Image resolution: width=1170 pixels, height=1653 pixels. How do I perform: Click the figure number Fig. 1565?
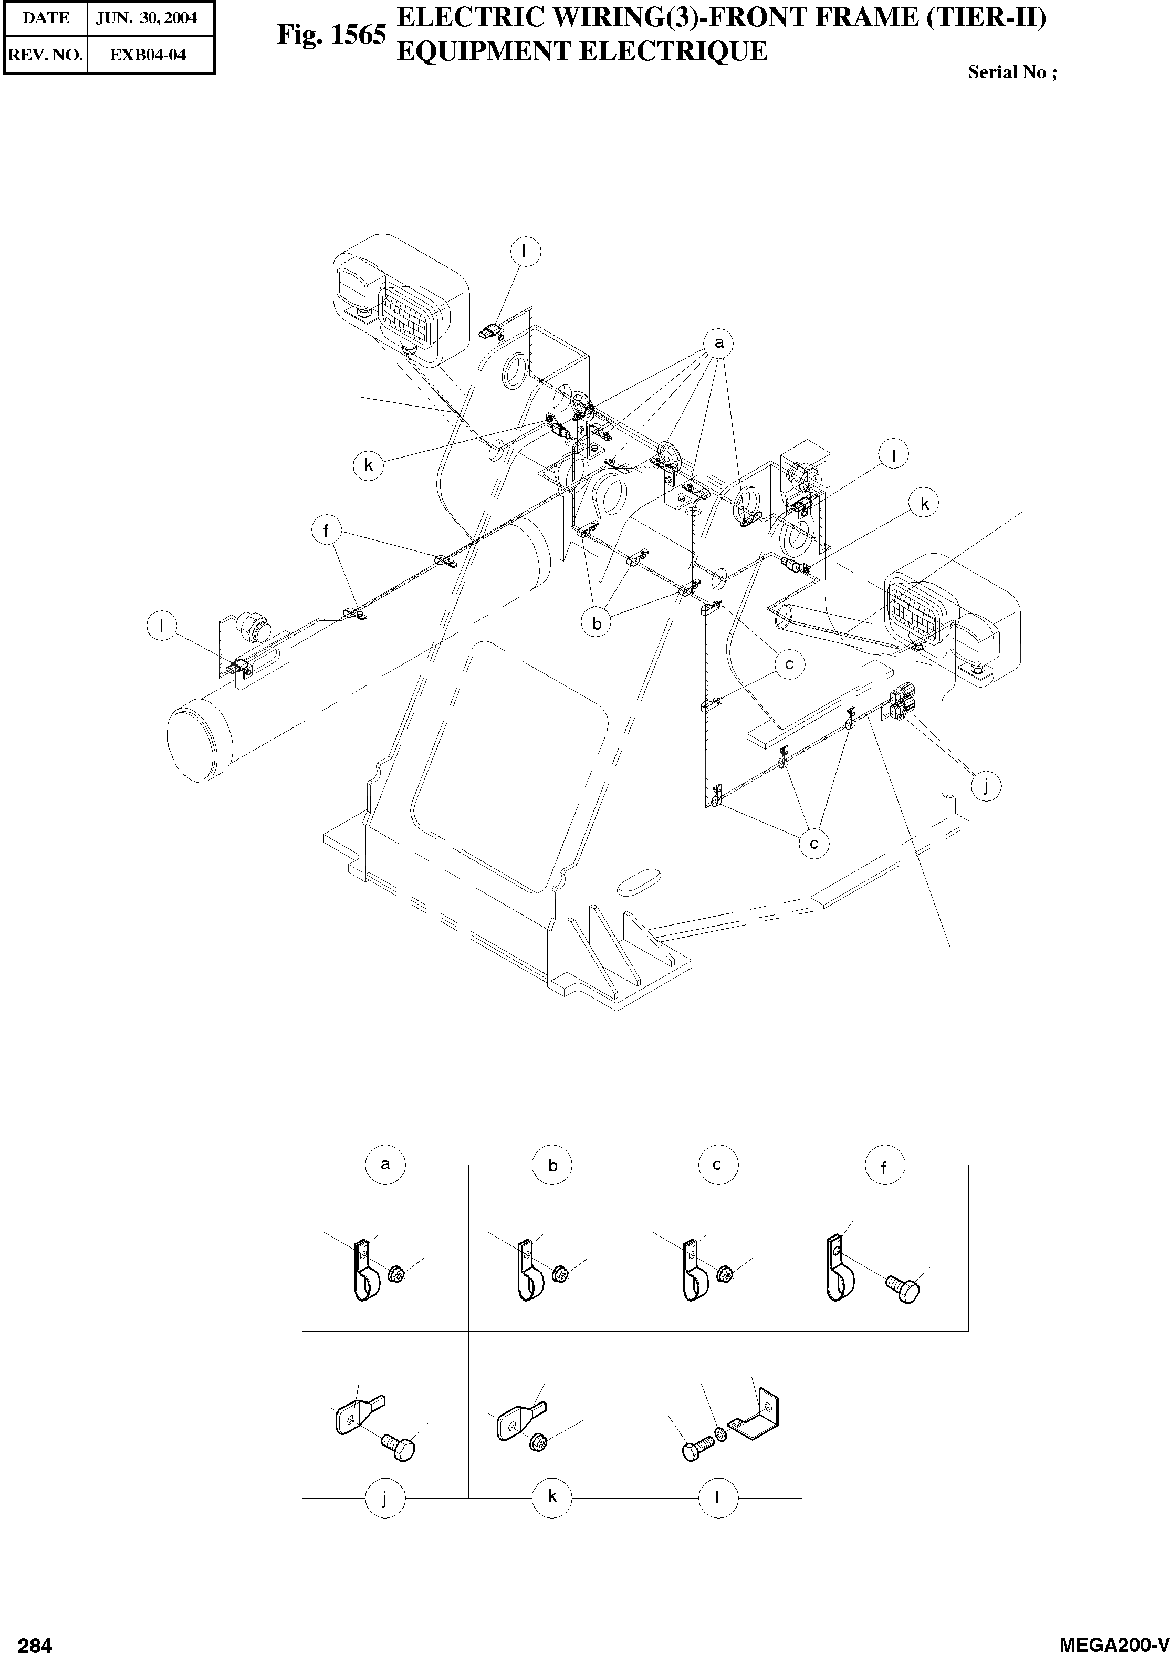click(331, 35)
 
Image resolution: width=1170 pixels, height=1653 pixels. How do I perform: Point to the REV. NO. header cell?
click(45, 55)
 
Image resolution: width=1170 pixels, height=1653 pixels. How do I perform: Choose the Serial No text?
click(1011, 72)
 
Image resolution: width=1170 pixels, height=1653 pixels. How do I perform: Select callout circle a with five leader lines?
click(718, 344)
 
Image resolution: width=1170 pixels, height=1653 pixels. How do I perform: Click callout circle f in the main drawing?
click(326, 531)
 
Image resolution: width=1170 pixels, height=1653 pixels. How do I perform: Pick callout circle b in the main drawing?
click(597, 624)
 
